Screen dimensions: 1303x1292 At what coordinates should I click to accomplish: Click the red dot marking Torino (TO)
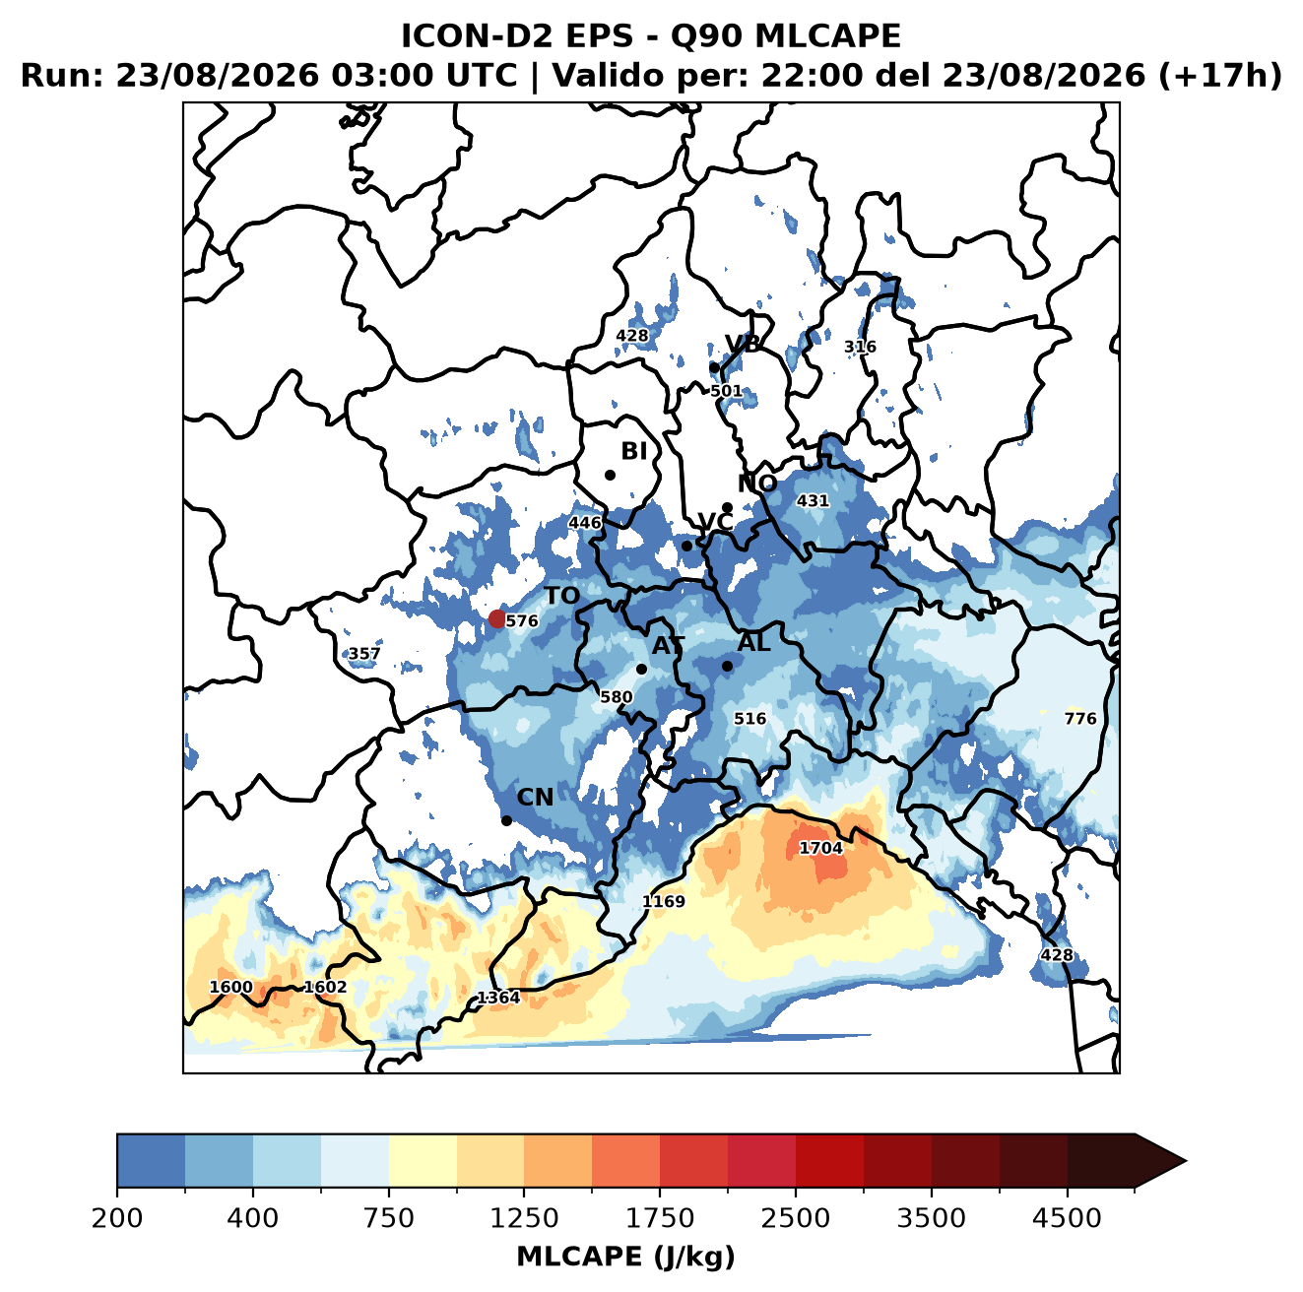(496, 618)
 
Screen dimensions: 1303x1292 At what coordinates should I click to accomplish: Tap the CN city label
(534, 797)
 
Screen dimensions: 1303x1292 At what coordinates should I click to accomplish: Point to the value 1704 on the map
(820, 848)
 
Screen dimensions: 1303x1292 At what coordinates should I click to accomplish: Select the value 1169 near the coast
(663, 901)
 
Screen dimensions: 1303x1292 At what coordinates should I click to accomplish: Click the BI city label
(633, 451)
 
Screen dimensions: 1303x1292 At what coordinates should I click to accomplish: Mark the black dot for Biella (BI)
(610, 475)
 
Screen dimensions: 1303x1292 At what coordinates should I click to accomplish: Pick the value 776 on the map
(1079, 718)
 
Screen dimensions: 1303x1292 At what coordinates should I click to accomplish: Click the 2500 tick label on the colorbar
(795, 1218)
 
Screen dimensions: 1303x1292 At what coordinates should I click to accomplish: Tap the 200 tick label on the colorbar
(117, 1218)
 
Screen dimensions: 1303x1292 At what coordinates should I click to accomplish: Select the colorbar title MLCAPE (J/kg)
(625, 1257)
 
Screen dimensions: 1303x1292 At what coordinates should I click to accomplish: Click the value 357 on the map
(363, 654)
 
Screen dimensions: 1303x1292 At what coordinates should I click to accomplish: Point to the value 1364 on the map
(498, 998)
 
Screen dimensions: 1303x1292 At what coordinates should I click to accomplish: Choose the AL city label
(753, 642)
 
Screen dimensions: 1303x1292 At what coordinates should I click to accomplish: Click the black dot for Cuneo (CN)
(506, 820)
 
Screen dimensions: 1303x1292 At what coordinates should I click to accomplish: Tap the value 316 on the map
(860, 347)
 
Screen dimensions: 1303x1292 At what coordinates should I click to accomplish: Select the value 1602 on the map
(325, 987)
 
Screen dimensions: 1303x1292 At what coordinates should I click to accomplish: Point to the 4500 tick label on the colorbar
(1067, 1218)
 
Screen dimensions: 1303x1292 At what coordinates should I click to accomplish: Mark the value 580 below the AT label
(616, 697)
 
